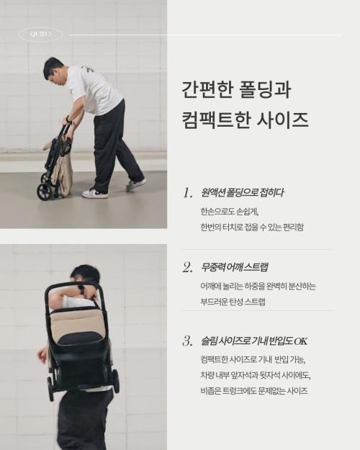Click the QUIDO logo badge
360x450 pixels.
point(40,35)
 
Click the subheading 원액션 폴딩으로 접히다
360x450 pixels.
point(242,192)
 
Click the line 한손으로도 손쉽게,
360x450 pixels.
point(228,212)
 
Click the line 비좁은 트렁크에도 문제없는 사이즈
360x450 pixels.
point(254,391)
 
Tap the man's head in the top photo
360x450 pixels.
point(53,69)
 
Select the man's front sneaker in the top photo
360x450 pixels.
point(94,193)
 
